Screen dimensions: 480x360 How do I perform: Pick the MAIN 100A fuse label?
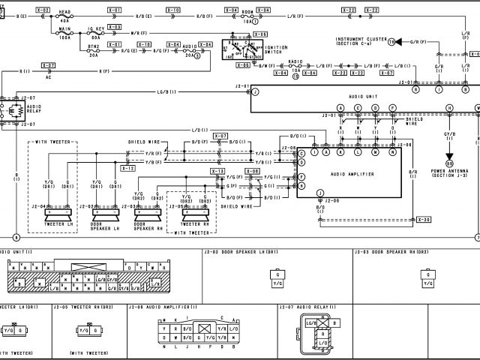(64, 34)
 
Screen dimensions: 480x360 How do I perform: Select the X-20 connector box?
(424, 219)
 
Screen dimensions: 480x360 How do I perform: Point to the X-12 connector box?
(128, 168)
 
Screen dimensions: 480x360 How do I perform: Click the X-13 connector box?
(217, 172)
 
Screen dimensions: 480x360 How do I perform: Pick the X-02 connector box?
(43, 10)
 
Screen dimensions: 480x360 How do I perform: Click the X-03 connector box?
(115, 27)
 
